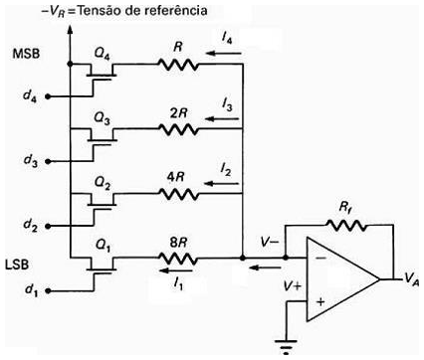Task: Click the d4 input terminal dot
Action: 47,97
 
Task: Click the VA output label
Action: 409,280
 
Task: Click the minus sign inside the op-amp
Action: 319,257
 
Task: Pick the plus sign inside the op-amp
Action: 319,300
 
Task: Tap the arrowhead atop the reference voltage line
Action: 70,29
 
